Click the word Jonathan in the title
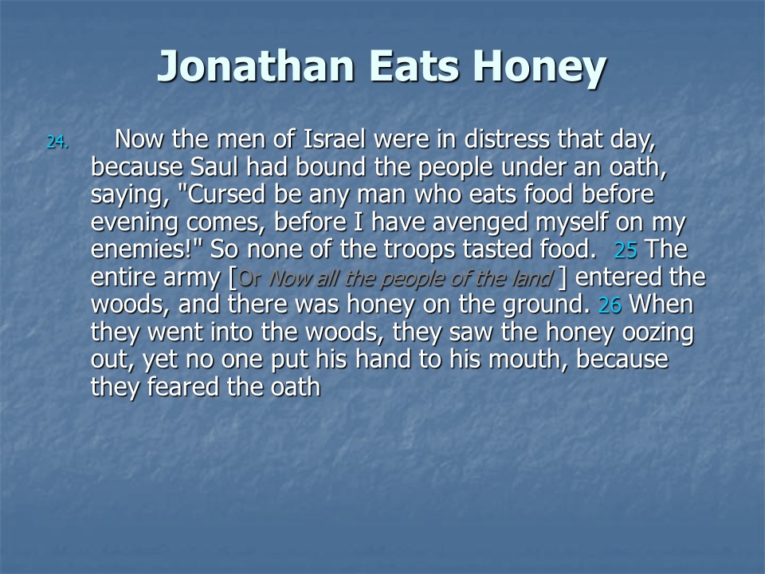tap(255, 67)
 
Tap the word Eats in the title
tap(414, 66)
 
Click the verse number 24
tap(57, 142)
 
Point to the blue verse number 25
tap(626, 250)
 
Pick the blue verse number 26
tap(610, 305)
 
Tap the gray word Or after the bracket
tap(249, 278)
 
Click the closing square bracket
tap(563, 277)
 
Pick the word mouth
tap(528, 360)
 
